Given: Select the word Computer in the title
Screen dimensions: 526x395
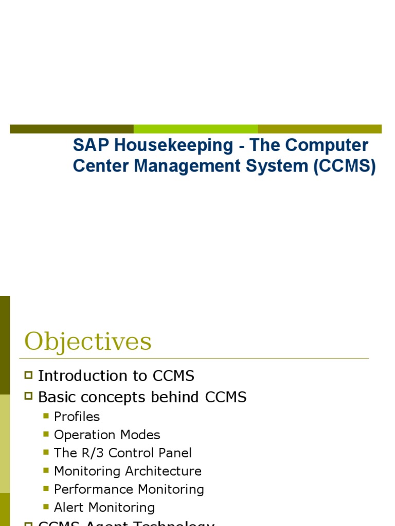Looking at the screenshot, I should pos(327,146).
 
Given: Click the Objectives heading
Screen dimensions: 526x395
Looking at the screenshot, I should pos(88,342).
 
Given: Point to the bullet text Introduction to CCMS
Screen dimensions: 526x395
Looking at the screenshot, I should pos(116,376).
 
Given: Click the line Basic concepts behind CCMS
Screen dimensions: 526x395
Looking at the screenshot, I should pos(142,397).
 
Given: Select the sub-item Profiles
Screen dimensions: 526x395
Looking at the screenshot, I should pos(77,417).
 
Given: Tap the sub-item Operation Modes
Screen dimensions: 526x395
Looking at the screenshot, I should pos(107,435).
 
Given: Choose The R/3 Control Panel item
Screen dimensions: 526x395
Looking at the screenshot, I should pos(123,453).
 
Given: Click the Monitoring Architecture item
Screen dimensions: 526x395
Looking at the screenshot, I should pos(128,471).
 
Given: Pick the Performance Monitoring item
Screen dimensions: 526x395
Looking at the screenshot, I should pos(129,490).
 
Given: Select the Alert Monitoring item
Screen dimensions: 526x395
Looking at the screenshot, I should pos(104,508).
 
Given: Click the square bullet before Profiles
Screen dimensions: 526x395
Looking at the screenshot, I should pos(46,417).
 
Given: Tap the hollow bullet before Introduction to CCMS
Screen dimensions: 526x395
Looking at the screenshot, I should pos(29,376).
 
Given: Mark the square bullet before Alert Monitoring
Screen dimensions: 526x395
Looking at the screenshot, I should pos(46,508).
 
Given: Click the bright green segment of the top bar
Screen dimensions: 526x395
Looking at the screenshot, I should pos(195,129).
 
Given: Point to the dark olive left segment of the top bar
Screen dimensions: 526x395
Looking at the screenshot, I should pos(71,129).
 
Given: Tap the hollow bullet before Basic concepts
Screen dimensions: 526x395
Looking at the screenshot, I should pos(29,397).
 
